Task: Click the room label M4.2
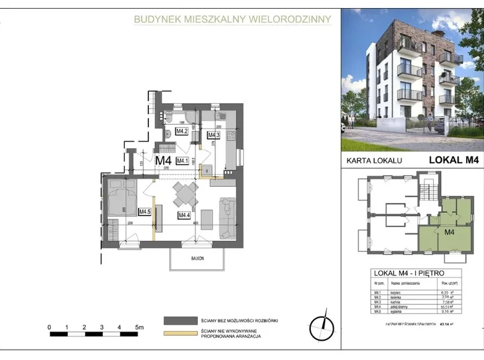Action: (182, 132)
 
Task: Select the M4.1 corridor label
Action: (182, 161)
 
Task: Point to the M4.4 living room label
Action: (184, 215)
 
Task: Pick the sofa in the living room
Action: (228, 217)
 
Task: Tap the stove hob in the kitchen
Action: (230, 135)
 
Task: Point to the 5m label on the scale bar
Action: (139, 326)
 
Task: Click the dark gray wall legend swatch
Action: (179, 321)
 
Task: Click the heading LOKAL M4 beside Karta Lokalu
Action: (454, 160)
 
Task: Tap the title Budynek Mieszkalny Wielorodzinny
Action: (233, 20)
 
